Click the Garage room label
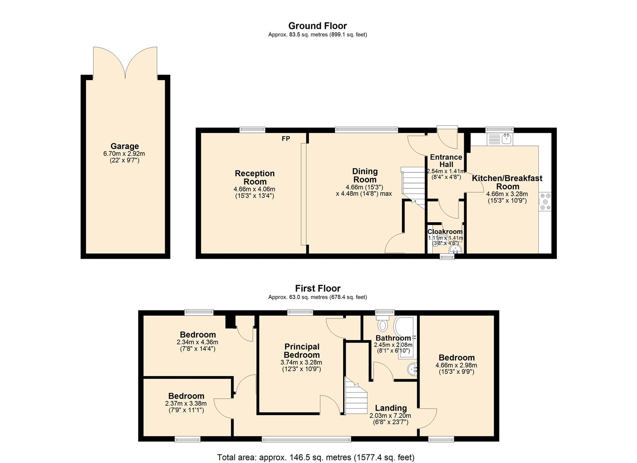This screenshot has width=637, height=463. pyautogui.click(x=124, y=146)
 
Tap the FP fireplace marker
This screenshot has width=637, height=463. pyautogui.click(x=286, y=139)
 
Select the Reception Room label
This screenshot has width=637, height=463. pyautogui.click(x=255, y=177)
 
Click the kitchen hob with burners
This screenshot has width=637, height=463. pyautogui.click(x=545, y=202)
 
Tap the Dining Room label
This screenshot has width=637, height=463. pyautogui.click(x=365, y=175)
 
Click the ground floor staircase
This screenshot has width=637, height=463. pyautogui.click(x=413, y=188)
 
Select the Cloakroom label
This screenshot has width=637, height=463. pyautogui.click(x=445, y=231)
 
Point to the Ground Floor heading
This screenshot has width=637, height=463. pyautogui.click(x=318, y=26)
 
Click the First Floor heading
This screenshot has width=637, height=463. pyautogui.click(x=318, y=289)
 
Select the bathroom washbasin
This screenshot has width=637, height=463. pyautogui.click(x=412, y=370)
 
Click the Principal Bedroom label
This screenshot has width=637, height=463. pyautogui.click(x=302, y=351)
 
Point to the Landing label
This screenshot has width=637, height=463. pyautogui.click(x=391, y=408)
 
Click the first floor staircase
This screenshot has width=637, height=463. pyautogui.click(x=356, y=396)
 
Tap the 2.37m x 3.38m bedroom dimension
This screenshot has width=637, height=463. pyautogui.click(x=186, y=403)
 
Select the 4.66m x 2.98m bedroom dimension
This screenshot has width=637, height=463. pyautogui.click(x=456, y=365)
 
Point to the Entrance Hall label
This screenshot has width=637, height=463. pyautogui.click(x=446, y=161)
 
